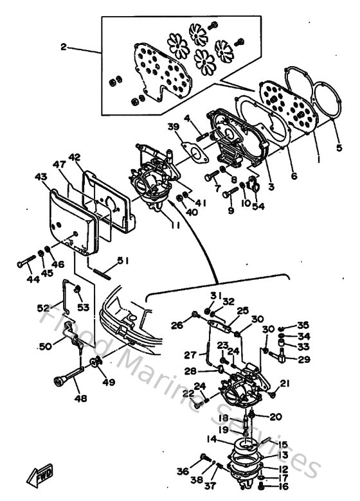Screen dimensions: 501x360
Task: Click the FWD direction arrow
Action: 39,476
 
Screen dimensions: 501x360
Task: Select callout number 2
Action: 64,47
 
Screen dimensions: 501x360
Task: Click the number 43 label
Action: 40,176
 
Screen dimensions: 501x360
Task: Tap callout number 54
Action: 258,206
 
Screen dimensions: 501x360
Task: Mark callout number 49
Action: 109,383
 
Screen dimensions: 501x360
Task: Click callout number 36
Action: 184,471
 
